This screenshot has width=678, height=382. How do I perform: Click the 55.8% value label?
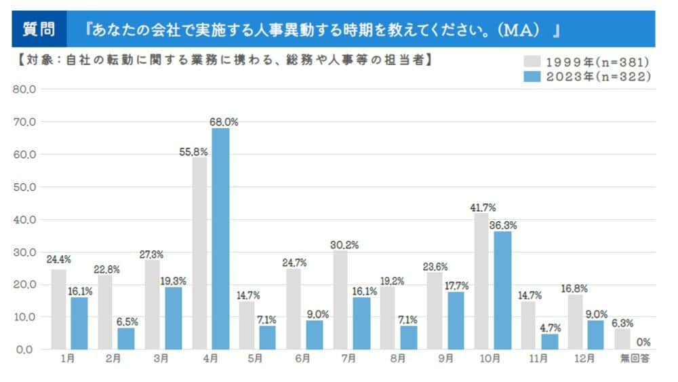(194, 152)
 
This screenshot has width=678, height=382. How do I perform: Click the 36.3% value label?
(503, 225)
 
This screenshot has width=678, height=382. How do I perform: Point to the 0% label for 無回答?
(644, 341)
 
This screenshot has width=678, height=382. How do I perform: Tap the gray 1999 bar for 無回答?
(623, 339)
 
